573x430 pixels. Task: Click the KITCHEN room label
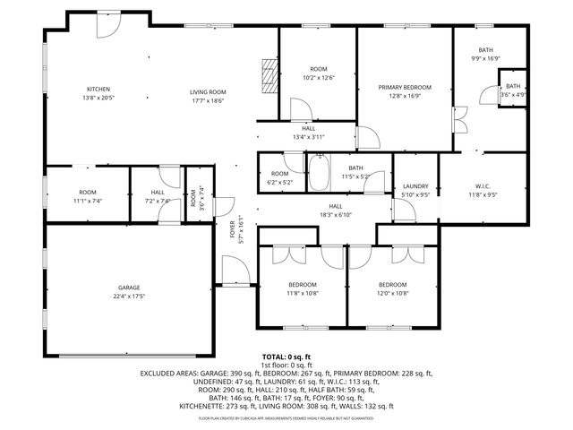click(x=98, y=88)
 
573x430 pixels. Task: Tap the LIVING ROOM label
click(x=207, y=91)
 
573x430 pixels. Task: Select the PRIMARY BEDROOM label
click(x=405, y=87)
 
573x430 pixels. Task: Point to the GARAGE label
click(x=128, y=288)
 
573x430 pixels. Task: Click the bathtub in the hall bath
click(x=319, y=172)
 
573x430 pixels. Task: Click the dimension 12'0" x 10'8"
click(x=392, y=293)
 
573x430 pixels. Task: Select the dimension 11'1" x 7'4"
click(x=87, y=201)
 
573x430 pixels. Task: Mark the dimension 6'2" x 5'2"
click(x=280, y=182)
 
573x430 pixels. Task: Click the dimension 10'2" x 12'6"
click(x=319, y=78)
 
